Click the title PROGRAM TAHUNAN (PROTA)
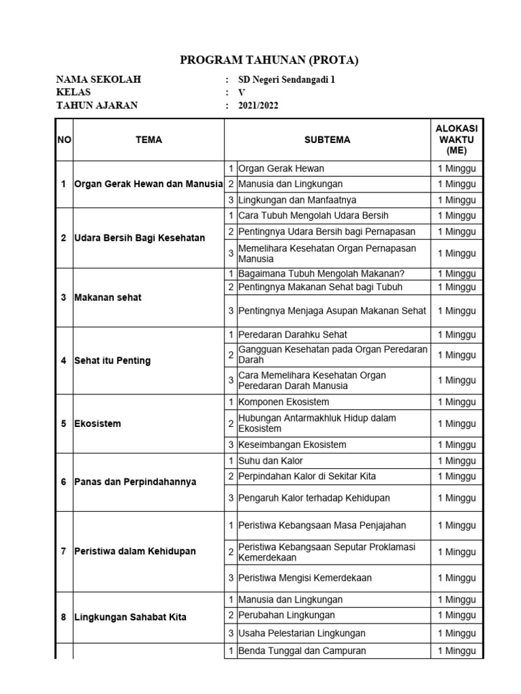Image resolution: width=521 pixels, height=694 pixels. pyautogui.click(x=269, y=60)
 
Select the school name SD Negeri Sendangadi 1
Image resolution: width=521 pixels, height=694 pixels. pyautogui.click(x=286, y=79)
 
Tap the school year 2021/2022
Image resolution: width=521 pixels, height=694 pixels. pyautogui.click(x=258, y=105)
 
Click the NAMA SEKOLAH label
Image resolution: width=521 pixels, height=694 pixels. pyautogui.click(x=98, y=79)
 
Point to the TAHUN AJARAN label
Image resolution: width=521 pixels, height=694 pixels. pyautogui.click(x=96, y=105)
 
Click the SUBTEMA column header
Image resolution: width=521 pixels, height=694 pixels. pyautogui.click(x=327, y=140)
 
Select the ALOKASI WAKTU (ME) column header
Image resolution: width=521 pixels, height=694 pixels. pyautogui.click(x=456, y=140)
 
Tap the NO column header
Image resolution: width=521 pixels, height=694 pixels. pyautogui.click(x=64, y=140)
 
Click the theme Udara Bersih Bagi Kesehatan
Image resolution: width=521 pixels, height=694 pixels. pyautogui.click(x=139, y=238)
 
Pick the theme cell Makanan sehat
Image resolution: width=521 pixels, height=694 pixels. pyautogui.click(x=108, y=298)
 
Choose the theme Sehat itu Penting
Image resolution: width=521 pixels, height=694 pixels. pyautogui.click(x=112, y=361)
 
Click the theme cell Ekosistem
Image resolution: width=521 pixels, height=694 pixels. pyautogui.click(x=98, y=424)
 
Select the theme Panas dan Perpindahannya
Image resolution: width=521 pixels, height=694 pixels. pyautogui.click(x=135, y=482)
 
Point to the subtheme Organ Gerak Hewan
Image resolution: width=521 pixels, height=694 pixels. pyautogui.click(x=281, y=168)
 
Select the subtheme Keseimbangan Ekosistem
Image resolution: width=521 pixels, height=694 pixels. pyautogui.click(x=292, y=445)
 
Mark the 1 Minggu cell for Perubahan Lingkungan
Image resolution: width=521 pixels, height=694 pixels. pyautogui.click(x=456, y=615)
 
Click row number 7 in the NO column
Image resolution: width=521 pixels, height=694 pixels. pyautogui.click(x=64, y=551)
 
